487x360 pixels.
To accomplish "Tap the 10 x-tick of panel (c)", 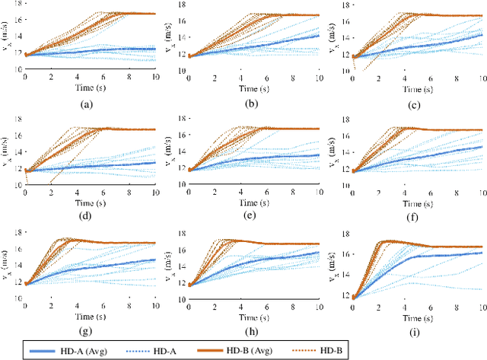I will pyautogui.click(x=482, y=78).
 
